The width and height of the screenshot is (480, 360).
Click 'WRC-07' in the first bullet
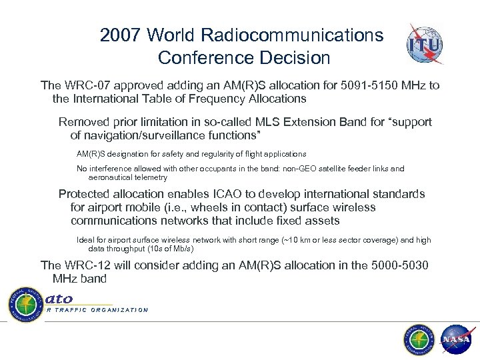[x=84, y=86]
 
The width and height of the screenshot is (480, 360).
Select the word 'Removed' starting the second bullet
[x=81, y=123]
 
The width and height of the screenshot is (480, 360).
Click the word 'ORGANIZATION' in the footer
[x=117, y=310]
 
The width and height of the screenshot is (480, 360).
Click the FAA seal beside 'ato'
[x=25, y=303]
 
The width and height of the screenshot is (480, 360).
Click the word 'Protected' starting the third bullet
[x=83, y=194]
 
